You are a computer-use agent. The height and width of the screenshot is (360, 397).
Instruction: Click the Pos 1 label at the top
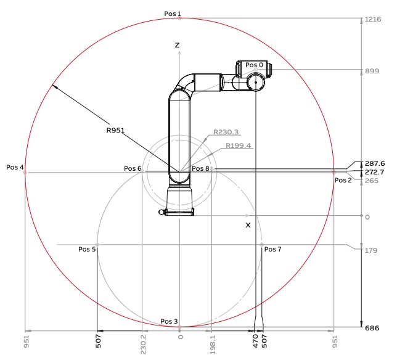(173, 14)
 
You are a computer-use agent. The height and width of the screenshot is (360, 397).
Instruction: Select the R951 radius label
(115, 130)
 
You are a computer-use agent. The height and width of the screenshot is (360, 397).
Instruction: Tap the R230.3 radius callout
(226, 132)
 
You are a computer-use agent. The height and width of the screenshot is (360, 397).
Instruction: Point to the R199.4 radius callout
(238, 145)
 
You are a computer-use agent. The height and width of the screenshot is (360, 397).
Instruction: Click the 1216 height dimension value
(373, 19)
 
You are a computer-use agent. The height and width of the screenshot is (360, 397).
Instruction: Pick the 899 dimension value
(372, 71)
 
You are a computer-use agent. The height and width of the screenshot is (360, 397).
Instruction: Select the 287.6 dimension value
(375, 163)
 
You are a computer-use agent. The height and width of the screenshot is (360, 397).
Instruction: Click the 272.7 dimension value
(374, 172)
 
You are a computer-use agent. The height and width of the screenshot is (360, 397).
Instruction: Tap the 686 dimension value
(372, 328)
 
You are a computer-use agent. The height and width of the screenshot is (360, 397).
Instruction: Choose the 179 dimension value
(371, 250)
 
